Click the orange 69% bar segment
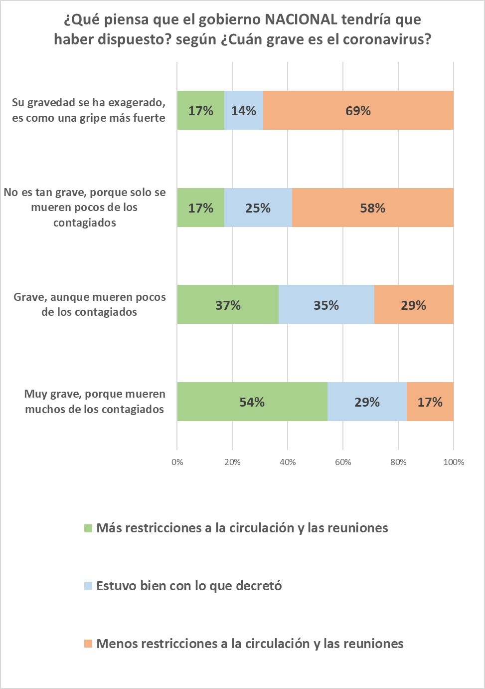(x=358, y=110)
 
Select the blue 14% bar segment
(x=243, y=110)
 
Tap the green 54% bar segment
(x=252, y=402)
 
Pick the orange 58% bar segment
(x=372, y=208)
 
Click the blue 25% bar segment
(x=258, y=208)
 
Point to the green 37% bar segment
(x=228, y=305)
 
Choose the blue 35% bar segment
(x=326, y=305)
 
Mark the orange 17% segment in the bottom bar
(x=430, y=402)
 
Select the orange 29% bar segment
(x=413, y=305)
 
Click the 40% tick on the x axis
(x=288, y=462)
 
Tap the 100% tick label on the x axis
(x=454, y=462)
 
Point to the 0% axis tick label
(x=177, y=462)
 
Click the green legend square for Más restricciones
(x=88, y=528)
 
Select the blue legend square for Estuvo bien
(x=88, y=586)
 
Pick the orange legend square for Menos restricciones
(x=88, y=644)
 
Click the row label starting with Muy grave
(x=95, y=402)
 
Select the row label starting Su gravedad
(x=89, y=110)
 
